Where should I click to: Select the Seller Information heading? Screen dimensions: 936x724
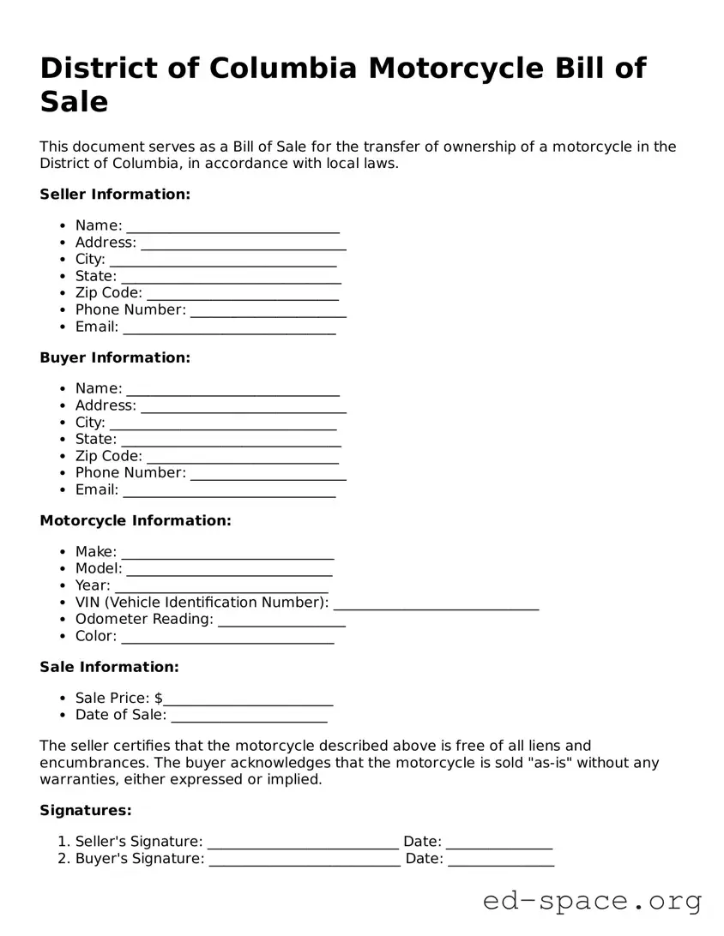pyautogui.click(x=115, y=195)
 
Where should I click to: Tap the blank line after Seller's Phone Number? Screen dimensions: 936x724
pyautogui.click(x=268, y=311)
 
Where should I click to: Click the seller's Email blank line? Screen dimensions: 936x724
pyautogui.click(x=229, y=328)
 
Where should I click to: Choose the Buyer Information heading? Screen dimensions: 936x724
pyautogui.click(x=115, y=357)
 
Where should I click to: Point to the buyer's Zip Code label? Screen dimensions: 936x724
pyautogui.click(x=108, y=456)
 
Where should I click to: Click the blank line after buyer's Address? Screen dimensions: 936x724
pyautogui.click(x=243, y=406)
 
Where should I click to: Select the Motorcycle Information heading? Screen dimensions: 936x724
pyautogui.click(x=136, y=520)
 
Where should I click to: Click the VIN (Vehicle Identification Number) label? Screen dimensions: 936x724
pyautogui.click(x=202, y=603)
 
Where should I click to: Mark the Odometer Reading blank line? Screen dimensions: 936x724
pyautogui.click(x=281, y=621)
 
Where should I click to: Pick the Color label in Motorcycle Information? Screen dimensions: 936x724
pyautogui.click(x=95, y=636)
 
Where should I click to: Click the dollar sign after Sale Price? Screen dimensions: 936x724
pyautogui.click(x=159, y=699)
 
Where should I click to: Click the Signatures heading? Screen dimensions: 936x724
pyautogui.click(x=86, y=810)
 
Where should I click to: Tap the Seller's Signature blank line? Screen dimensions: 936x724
pyautogui.click(x=303, y=843)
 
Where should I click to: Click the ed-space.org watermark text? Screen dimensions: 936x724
pyautogui.click(x=592, y=901)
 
